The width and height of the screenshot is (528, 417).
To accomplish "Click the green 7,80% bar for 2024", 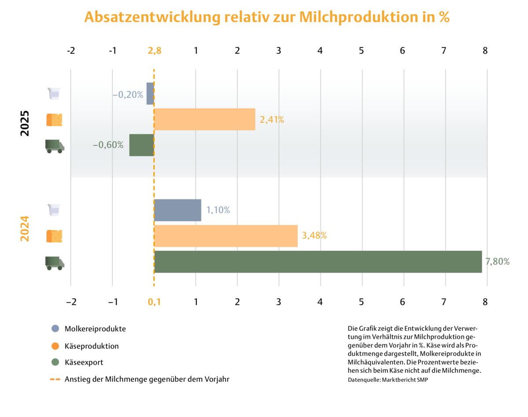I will [x=318, y=262].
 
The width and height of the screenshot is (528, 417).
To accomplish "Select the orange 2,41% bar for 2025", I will [x=205, y=119].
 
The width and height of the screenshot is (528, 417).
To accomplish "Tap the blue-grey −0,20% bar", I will [x=150, y=93].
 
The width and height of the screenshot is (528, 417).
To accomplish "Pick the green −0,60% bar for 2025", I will [x=141, y=145].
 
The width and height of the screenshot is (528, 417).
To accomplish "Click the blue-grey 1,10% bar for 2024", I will [x=178, y=210].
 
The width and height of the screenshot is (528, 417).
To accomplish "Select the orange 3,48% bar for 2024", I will [x=226, y=236].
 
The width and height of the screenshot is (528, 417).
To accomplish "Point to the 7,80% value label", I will [x=497, y=262].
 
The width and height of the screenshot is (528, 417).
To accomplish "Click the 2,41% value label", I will [x=272, y=119].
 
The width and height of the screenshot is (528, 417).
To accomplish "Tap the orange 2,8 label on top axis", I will [x=154, y=51].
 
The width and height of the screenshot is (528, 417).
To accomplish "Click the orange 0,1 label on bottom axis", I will [x=154, y=302].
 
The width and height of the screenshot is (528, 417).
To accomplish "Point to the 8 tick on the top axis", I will [x=485, y=51].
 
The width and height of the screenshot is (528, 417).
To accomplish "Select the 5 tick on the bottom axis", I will [x=362, y=302].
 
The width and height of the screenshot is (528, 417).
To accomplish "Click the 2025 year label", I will [x=25, y=123].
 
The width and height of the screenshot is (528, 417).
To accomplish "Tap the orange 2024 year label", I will [x=25, y=229].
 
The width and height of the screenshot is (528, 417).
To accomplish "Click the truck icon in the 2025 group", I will [x=55, y=146].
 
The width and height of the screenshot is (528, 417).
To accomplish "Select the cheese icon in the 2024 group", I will [x=55, y=236].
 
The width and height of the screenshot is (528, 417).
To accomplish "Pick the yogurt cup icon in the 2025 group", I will [x=54, y=94].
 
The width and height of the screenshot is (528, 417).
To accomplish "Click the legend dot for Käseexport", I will [x=55, y=362].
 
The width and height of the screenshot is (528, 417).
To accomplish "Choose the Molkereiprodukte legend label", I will [x=95, y=329].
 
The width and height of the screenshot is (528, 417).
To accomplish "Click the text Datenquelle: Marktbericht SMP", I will [x=388, y=380].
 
